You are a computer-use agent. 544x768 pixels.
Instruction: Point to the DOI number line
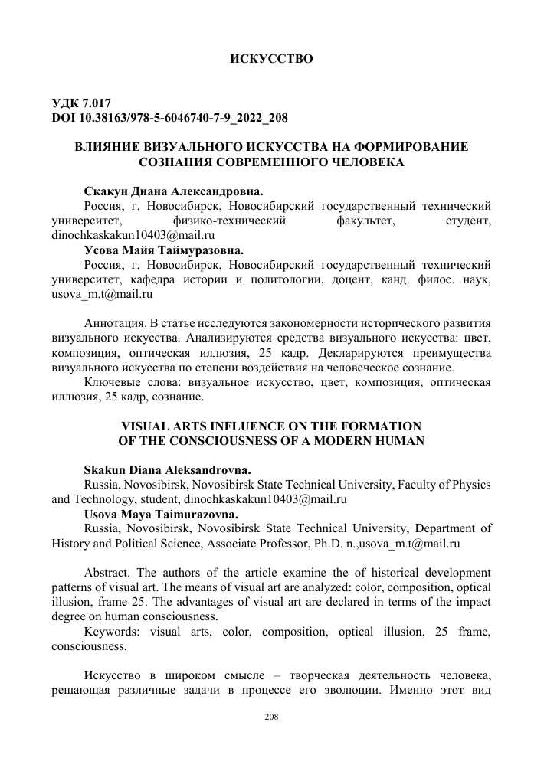(x=169, y=118)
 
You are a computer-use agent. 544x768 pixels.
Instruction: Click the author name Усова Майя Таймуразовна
(x=162, y=250)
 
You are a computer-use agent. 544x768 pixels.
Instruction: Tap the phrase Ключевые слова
(x=126, y=382)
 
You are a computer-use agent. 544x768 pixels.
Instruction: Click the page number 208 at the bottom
(x=271, y=716)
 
